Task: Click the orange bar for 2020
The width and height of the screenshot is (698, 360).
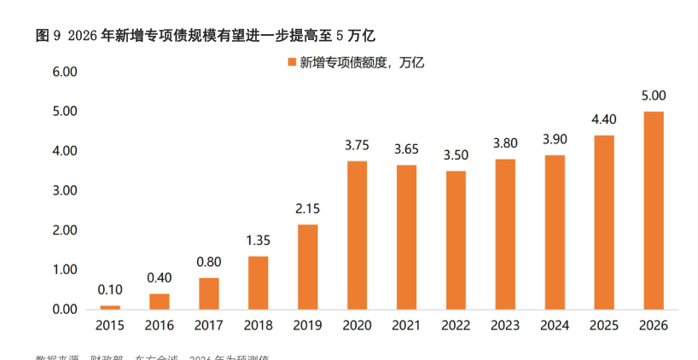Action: click(x=357, y=235)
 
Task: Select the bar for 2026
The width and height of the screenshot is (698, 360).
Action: click(x=653, y=210)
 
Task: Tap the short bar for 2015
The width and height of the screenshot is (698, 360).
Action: click(x=110, y=306)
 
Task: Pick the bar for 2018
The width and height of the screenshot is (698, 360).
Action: click(x=258, y=282)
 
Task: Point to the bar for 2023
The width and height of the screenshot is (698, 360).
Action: click(x=504, y=234)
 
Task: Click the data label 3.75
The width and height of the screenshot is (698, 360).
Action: click(x=357, y=146)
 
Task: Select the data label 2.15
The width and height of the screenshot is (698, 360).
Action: click(x=307, y=209)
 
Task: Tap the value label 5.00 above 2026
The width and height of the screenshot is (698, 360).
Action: click(x=653, y=96)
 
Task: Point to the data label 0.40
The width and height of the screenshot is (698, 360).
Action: click(x=160, y=278)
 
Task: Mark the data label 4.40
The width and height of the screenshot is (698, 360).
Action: click(x=603, y=119)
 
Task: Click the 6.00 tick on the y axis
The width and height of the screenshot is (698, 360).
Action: click(x=65, y=72)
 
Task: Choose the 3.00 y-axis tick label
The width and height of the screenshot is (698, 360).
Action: click(x=65, y=190)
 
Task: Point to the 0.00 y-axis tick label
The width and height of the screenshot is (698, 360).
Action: click(x=65, y=309)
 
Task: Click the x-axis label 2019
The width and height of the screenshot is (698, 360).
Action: click(x=307, y=326)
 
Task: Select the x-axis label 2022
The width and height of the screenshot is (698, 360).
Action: click(x=456, y=326)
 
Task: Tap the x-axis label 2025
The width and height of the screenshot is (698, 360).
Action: click(x=603, y=326)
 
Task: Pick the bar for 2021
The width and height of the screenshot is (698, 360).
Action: click(x=406, y=236)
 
